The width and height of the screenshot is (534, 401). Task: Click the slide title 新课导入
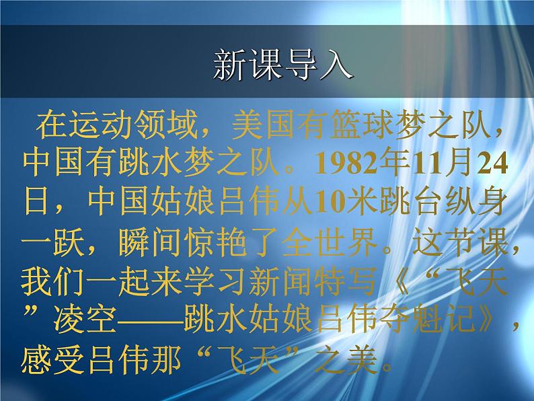282,66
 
